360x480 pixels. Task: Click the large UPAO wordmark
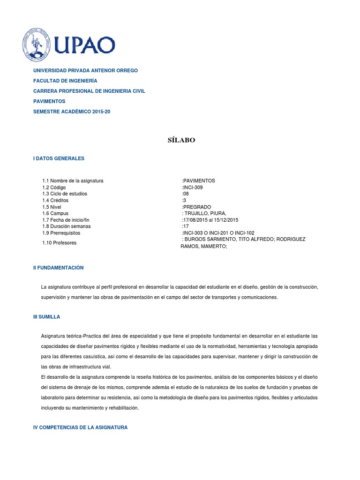(85, 45)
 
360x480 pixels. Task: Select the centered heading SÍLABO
(181, 140)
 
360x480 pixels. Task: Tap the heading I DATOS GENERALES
(59, 158)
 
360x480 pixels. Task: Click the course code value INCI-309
(193, 187)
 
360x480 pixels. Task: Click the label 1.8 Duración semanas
(66, 226)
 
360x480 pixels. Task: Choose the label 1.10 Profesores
(59, 243)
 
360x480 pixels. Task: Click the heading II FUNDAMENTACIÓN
(58, 268)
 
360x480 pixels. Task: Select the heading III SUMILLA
(46, 317)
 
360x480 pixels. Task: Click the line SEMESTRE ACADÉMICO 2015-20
(71, 112)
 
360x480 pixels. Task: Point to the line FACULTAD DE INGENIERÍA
(65, 81)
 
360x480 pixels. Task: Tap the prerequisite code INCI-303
(194, 233)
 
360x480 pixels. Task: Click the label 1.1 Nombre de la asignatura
(73, 180)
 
